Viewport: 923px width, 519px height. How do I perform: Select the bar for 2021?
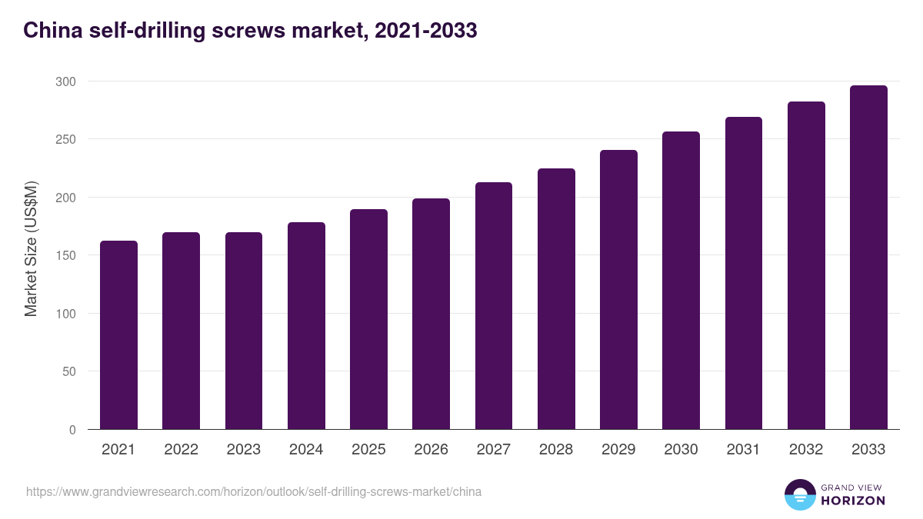point(118,335)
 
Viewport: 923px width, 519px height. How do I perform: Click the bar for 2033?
point(868,258)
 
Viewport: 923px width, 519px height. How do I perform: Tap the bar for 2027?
point(494,306)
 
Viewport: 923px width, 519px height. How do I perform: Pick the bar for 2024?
point(306,326)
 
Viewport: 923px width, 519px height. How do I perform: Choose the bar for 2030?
point(681,281)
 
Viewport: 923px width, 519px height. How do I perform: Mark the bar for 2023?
point(244,331)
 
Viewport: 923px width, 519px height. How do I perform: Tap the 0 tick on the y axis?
point(72,430)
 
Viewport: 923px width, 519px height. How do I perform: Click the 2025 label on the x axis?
point(368,450)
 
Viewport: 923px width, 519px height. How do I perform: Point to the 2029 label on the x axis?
point(618,450)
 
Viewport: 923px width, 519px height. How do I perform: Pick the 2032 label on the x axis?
point(806,450)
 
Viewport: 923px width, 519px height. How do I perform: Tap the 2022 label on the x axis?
point(181,450)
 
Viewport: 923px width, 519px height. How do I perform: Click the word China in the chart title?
point(50,31)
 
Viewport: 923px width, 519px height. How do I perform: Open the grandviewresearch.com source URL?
point(254,491)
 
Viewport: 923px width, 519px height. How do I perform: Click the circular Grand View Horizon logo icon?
point(799,494)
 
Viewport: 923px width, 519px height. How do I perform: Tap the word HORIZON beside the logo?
point(853,501)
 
